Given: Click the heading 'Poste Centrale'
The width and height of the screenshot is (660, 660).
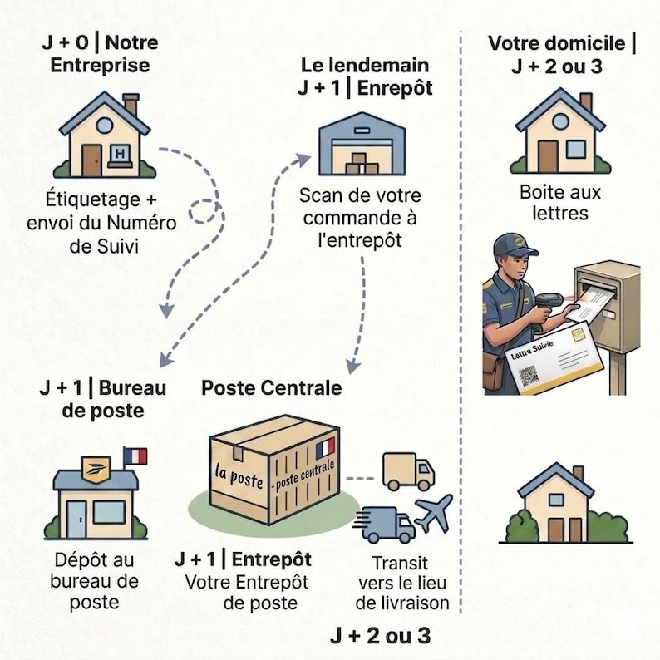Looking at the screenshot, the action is [272, 387].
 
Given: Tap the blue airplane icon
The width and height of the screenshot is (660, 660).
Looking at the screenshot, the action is [434, 513].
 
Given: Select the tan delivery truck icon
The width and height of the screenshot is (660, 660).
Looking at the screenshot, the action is [408, 471].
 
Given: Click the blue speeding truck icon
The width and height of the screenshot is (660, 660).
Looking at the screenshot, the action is [386, 525].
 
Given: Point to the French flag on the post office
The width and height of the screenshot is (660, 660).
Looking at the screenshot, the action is [135, 456].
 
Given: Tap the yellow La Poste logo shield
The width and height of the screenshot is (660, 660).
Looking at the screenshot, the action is [96, 470].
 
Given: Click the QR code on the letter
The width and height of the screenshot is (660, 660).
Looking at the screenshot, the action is [528, 376].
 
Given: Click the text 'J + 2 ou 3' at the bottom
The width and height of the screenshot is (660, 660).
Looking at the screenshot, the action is [381, 635].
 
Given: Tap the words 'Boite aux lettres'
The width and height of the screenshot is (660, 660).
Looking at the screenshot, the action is [559, 203].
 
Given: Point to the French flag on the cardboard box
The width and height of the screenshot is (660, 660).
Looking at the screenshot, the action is [325, 448].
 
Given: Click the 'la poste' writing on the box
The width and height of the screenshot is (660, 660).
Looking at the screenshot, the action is [239, 476].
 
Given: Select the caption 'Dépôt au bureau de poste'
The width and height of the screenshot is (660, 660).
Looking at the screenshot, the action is [94, 581].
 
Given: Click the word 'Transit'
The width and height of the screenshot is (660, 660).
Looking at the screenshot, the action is [401, 563].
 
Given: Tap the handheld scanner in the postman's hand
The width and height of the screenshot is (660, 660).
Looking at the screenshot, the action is [547, 305].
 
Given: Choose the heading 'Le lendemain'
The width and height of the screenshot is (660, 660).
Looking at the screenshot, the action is [365, 65].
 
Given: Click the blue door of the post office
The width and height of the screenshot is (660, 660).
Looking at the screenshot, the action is [76, 520].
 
